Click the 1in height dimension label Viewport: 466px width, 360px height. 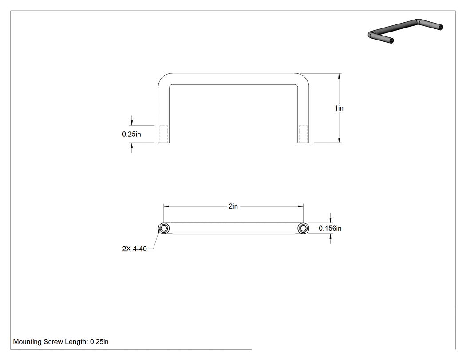click(339, 108)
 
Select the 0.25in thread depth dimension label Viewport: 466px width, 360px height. click(131, 134)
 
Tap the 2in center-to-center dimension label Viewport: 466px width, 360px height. click(233, 206)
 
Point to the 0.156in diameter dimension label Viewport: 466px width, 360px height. click(330, 228)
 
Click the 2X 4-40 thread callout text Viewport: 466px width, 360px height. click(134, 249)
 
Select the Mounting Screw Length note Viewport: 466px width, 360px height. click(61, 341)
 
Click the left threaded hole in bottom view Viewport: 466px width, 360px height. click(163, 228)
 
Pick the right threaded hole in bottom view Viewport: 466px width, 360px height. click(303, 228)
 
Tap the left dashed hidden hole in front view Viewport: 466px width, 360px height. click(164, 134)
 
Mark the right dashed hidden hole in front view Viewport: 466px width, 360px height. click(303, 134)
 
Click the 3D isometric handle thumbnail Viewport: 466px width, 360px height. click(405, 31)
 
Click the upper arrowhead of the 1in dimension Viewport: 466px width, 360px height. click(339, 76)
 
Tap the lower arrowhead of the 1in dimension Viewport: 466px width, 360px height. click(339, 140)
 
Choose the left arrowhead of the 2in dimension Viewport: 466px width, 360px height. click(166, 206)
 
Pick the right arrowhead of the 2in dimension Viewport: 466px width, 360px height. click(300, 206)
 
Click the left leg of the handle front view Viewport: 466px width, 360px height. click(164, 115)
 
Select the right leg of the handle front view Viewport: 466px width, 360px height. click(303, 115)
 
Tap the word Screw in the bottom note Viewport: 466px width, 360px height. click(53, 341)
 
